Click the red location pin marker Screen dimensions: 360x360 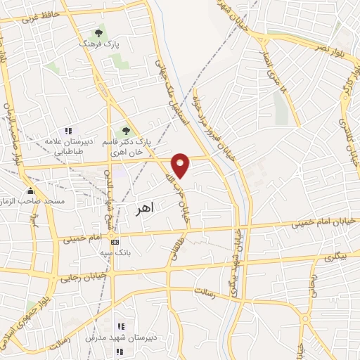coord(181,165)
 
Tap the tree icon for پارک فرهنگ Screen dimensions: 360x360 coord(99,32)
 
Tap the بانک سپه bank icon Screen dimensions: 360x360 coord(115,241)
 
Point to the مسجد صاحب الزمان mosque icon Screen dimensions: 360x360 coord(30,191)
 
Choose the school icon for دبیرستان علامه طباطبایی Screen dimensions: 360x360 coord(68,131)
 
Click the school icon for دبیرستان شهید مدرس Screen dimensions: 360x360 coord(120,327)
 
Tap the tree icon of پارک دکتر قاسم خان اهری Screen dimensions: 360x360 coord(126,131)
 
